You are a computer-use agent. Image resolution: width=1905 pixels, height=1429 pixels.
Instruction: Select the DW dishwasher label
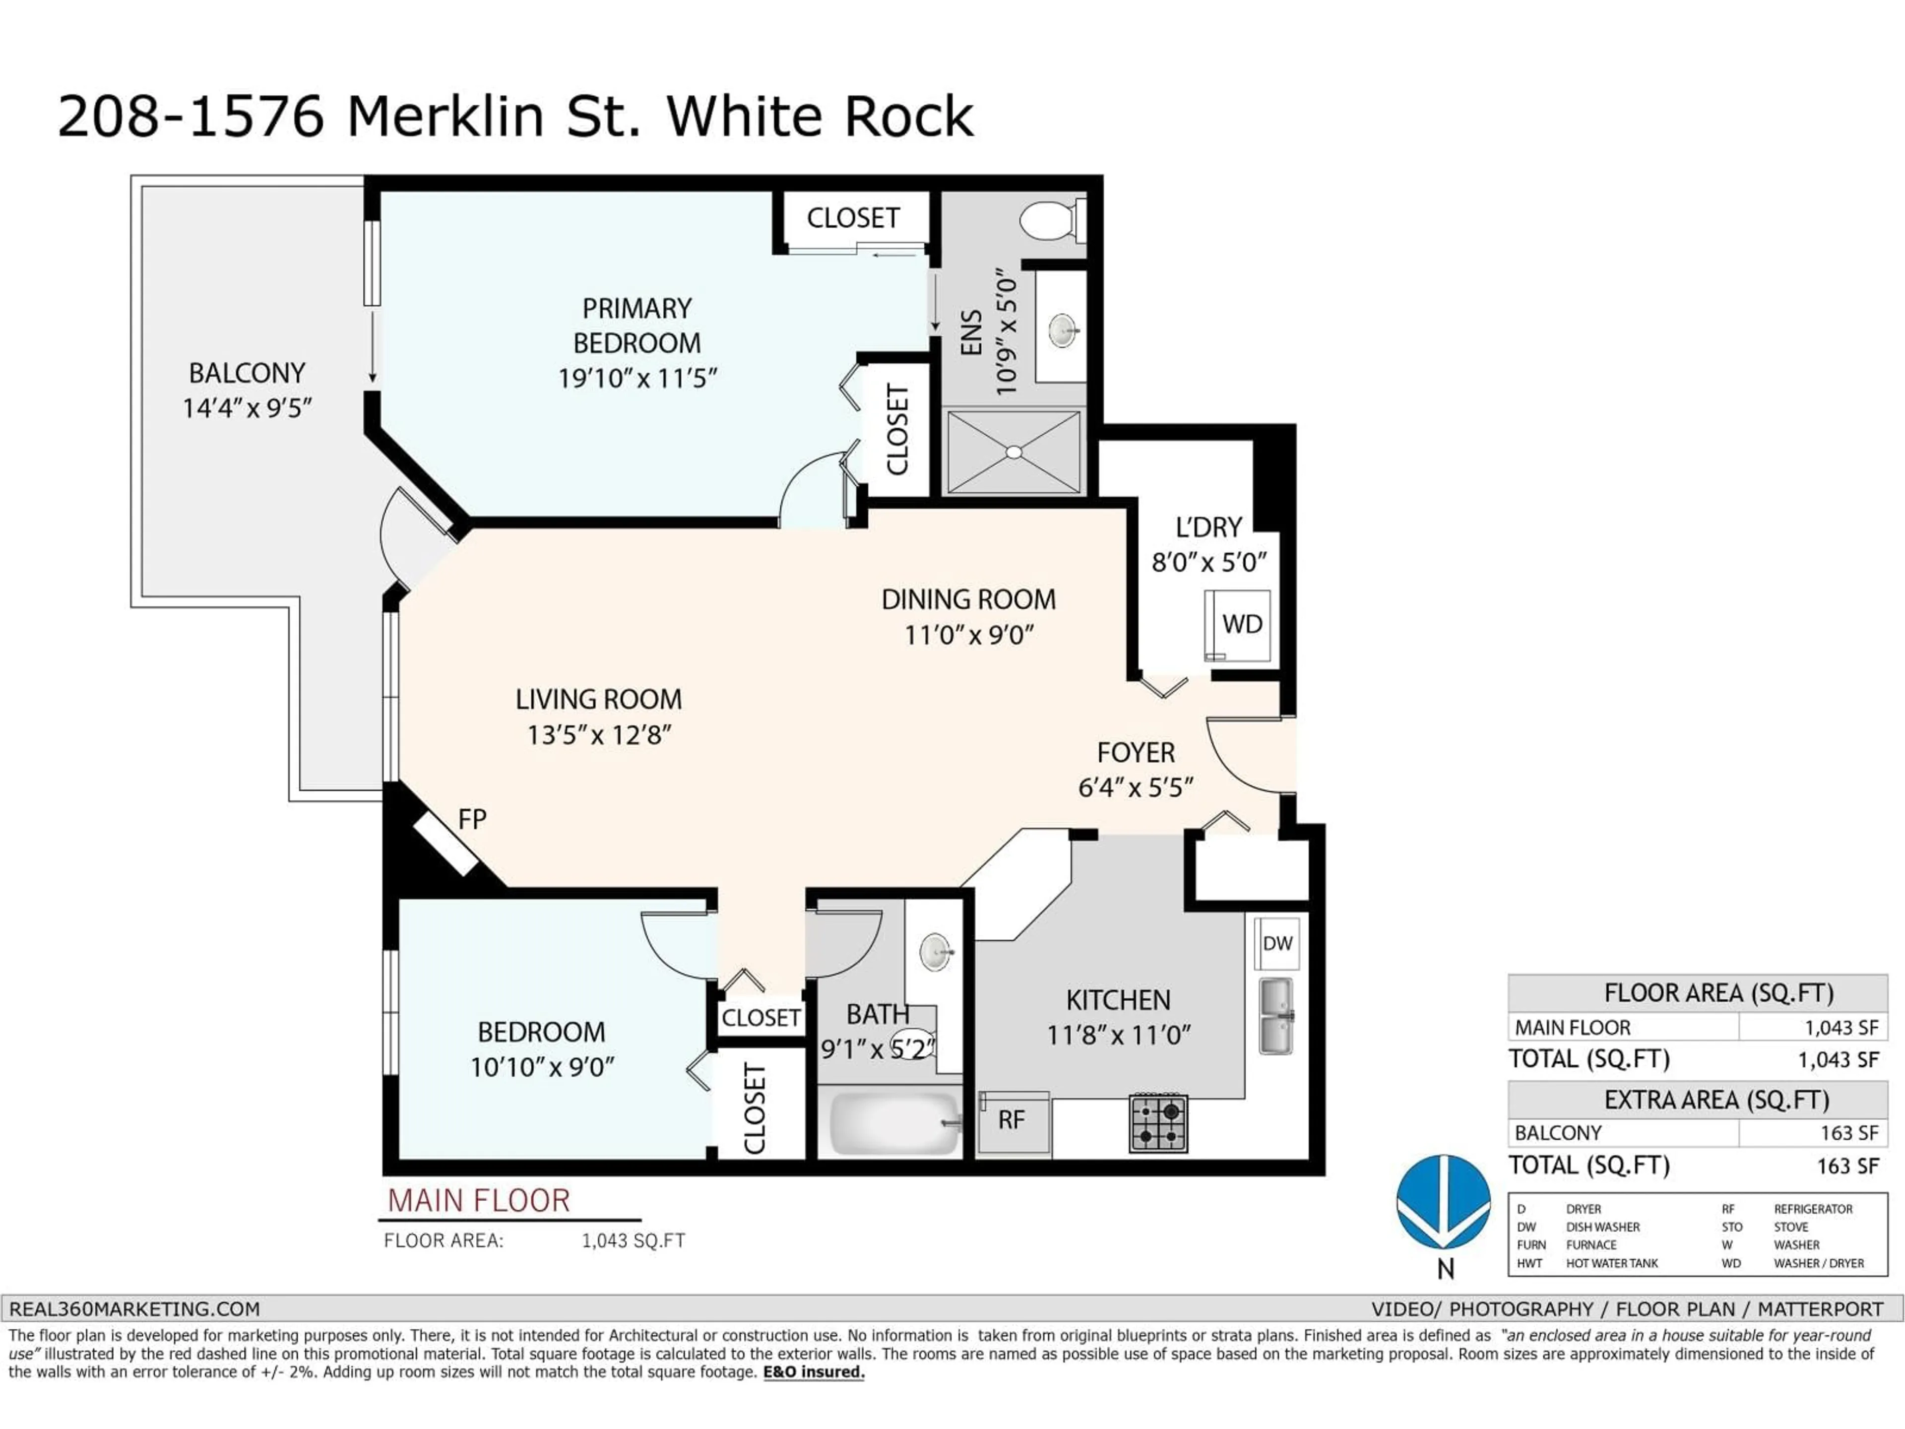pos(1276,943)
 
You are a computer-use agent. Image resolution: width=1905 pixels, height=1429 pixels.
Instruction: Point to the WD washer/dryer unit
pos(1238,625)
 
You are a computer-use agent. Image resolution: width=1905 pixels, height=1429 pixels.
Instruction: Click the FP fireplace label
pos(472,819)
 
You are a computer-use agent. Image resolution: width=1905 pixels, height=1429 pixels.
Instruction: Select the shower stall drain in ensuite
pos(1014,452)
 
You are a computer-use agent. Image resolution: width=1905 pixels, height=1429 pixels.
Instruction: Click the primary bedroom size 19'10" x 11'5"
pos(637,378)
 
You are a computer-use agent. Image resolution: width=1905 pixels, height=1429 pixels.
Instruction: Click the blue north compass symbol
pos(1444,1202)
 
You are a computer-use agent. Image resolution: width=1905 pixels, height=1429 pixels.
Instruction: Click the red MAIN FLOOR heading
pos(479,1201)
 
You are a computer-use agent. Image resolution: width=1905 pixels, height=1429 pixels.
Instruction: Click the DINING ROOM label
pos(968,599)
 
